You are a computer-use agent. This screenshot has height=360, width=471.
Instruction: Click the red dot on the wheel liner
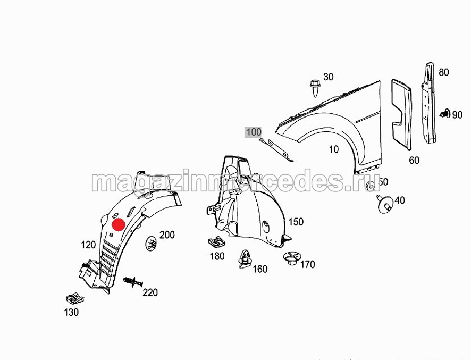[x=119, y=224]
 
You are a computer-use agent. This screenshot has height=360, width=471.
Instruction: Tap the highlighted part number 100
[x=254, y=132]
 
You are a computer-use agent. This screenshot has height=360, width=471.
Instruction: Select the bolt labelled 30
[x=315, y=88]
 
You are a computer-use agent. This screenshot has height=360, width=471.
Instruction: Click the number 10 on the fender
[x=334, y=149]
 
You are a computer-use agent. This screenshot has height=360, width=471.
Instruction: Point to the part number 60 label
[x=414, y=160]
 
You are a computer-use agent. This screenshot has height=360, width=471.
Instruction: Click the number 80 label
[x=444, y=72]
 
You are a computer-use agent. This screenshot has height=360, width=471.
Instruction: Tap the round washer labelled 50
[x=371, y=186]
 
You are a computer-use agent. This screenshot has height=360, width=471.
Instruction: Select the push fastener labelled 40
[x=384, y=204]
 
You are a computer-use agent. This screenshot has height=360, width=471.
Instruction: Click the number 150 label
[x=296, y=222]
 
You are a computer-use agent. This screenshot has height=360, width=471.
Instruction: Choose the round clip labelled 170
[x=291, y=258]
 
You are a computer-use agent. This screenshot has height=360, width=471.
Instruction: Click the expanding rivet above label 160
[x=246, y=259]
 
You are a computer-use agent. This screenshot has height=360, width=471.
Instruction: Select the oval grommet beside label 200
[x=151, y=244]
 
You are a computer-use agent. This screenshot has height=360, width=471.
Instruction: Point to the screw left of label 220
[x=133, y=282]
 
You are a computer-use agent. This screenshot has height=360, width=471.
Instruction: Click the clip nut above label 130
[x=75, y=299]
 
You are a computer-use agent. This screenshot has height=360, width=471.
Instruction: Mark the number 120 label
[x=88, y=245]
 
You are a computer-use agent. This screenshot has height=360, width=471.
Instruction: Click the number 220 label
[x=150, y=292]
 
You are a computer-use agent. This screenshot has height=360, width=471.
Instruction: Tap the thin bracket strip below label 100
[x=276, y=149]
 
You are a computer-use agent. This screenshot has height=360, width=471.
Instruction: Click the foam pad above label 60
[x=401, y=114]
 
